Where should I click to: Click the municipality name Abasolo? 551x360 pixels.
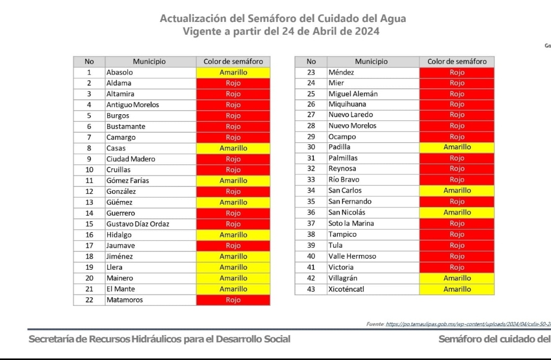119,72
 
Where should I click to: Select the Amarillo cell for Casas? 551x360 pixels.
233,148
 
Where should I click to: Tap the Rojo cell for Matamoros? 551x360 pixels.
233,300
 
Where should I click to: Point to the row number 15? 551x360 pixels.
89,224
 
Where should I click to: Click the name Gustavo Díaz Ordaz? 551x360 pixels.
138,224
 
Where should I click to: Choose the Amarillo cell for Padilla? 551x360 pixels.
457,147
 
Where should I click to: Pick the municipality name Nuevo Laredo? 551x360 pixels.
350,115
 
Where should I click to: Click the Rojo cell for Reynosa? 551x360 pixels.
457,169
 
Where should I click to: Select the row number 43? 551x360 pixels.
311,289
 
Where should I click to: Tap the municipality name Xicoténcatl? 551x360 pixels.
346,289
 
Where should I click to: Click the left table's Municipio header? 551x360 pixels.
149,62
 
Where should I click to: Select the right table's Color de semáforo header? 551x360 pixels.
457,62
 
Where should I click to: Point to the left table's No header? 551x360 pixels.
89,62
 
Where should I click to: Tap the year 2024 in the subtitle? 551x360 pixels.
366,31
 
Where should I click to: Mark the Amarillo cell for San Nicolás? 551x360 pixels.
457,213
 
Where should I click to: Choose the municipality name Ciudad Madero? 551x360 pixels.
131,159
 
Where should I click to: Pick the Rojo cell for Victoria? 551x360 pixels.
457,267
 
